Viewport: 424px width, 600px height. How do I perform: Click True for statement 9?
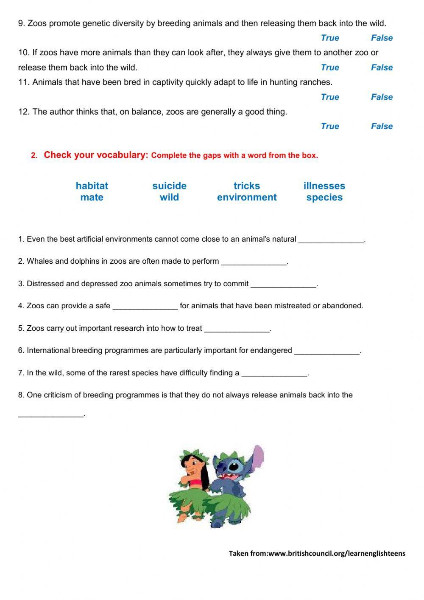tap(330, 38)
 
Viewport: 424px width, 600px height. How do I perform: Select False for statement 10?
tap(382, 68)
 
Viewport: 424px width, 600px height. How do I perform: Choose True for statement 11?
tap(330, 97)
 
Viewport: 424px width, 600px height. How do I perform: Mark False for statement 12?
tap(382, 126)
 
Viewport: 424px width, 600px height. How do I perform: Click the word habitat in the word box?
tap(92, 186)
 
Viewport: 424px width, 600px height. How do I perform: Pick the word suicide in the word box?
tap(169, 186)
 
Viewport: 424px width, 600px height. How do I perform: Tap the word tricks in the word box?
tap(247, 186)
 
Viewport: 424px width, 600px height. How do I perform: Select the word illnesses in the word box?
tap(324, 186)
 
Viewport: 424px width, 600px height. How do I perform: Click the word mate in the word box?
tap(92, 197)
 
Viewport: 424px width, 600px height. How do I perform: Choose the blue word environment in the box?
tap(247, 197)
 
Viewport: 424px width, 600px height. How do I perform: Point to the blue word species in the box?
tap(324, 197)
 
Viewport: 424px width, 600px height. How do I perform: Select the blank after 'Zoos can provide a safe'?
tap(145, 306)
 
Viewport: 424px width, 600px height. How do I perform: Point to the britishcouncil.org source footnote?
tap(317, 553)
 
